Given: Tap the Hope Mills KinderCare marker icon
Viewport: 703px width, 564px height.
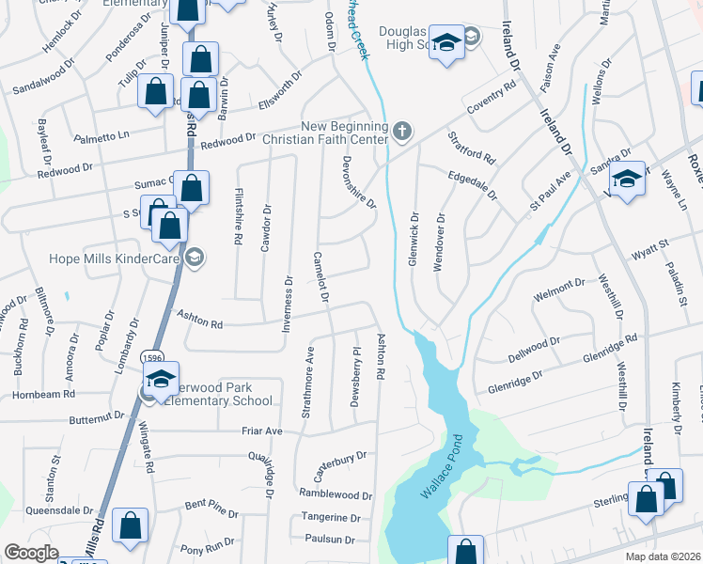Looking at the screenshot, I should (195, 258).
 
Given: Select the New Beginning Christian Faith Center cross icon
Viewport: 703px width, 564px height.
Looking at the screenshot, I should (402, 131).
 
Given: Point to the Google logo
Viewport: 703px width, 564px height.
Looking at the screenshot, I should (31, 553).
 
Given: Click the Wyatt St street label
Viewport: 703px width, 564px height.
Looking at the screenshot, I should (648, 247).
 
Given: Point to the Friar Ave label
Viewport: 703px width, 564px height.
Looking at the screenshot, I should (262, 431).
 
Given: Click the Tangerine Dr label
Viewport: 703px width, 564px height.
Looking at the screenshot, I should (330, 517).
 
